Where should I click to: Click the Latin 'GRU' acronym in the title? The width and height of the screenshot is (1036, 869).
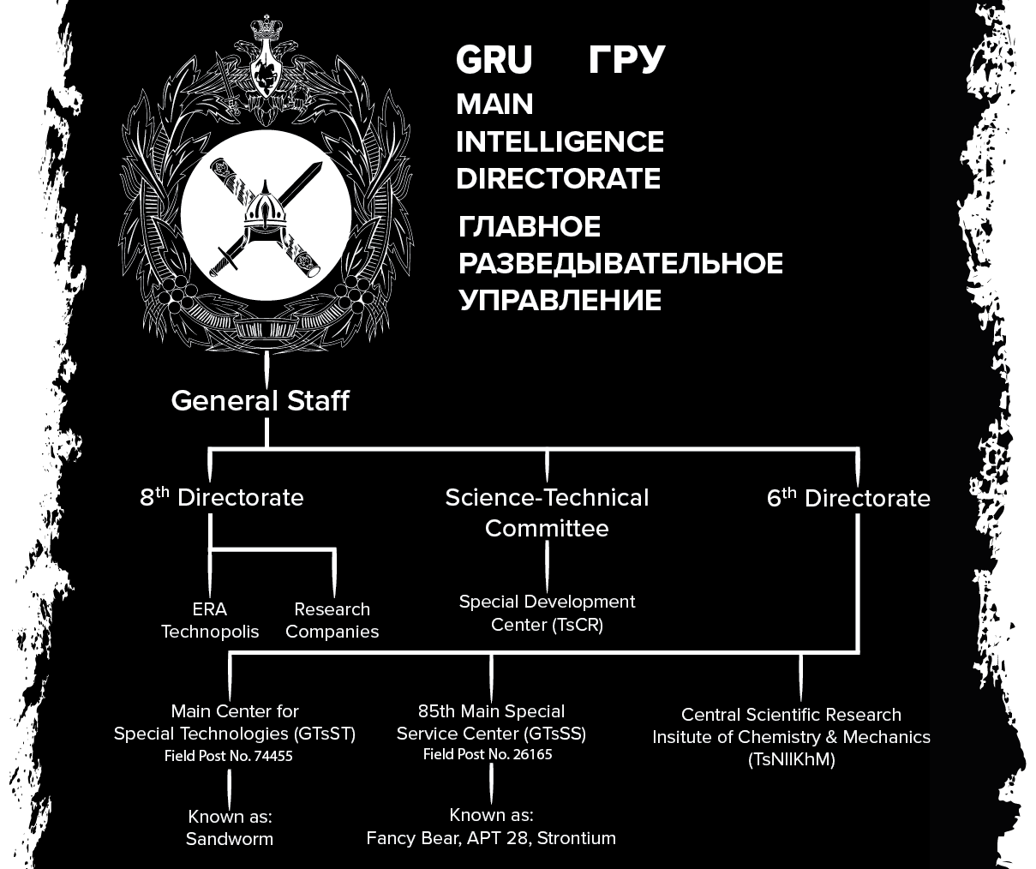pyautogui.click(x=494, y=61)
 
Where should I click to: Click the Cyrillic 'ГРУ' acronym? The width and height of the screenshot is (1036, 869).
pyautogui.click(x=626, y=61)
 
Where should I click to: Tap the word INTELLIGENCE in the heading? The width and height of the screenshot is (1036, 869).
pyautogui.click(x=560, y=141)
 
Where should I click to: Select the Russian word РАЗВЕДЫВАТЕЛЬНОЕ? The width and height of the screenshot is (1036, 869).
pyautogui.click(x=620, y=263)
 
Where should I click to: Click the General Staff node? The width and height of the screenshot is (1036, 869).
pyautogui.click(x=260, y=401)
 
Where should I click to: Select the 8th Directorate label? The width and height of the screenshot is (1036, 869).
pyautogui.click(x=222, y=498)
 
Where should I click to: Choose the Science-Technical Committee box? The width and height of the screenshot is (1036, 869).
pyautogui.click(x=547, y=512)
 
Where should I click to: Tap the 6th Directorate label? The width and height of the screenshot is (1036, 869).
pyautogui.click(x=848, y=499)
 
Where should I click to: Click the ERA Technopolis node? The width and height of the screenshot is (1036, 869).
pyautogui.click(x=210, y=620)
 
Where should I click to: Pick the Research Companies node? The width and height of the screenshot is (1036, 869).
pyautogui.click(x=332, y=620)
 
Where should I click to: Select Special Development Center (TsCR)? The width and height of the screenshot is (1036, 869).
pyautogui.click(x=547, y=613)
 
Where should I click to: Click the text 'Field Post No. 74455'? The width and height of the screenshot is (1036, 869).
pyautogui.click(x=229, y=756)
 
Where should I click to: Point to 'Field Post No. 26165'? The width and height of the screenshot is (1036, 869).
pyautogui.click(x=488, y=755)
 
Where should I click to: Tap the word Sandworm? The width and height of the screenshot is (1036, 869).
pyautogui.click(x=230, y=839)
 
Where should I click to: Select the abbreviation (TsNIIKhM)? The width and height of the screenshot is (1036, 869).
pyautogui.click(x=791, y=759)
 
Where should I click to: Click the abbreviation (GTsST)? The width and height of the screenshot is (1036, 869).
pyautogui.click(x=324, y=734)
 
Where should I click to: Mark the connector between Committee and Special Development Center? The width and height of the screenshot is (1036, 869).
pyautogui.click(x=547, y=566)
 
